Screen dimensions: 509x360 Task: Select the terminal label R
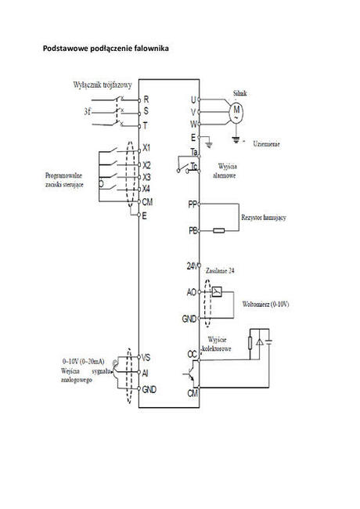[x=146, y=99]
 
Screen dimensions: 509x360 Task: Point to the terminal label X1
[x=147, y=148]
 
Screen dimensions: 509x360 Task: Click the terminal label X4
[x=147, y=189]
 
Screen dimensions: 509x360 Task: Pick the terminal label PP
[x=193, y=204]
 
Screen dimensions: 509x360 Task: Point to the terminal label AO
[x=192, y=292]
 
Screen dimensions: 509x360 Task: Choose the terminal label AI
[x=146, y=373]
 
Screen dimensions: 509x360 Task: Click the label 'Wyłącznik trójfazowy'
[x=102, y=83]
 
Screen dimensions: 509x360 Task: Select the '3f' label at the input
[x=89, y=112]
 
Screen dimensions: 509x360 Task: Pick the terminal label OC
[x=192, y=354]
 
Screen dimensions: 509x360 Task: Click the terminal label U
[x=193, y=99]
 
